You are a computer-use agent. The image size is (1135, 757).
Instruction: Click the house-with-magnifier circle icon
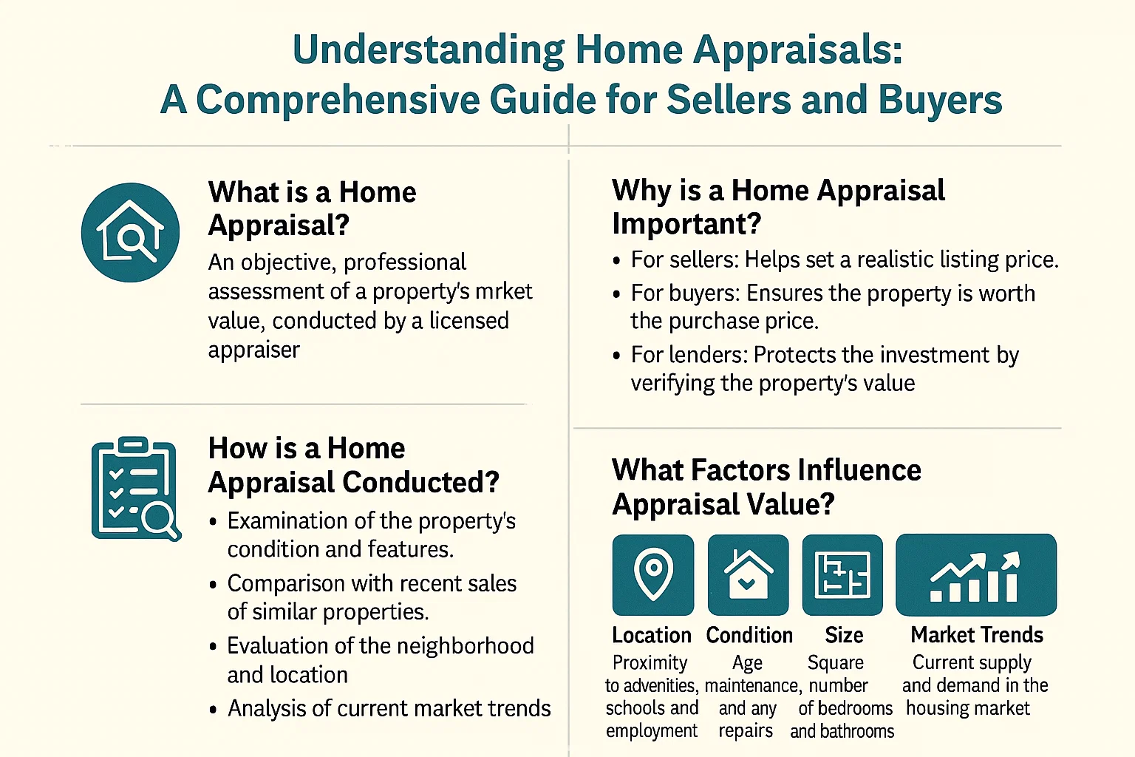click(130, 232)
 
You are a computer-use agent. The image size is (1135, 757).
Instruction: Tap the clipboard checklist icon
click(135, 488)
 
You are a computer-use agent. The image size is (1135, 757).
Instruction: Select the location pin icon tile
click(652, 575)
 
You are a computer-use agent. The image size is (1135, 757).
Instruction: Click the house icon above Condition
click(748, 575)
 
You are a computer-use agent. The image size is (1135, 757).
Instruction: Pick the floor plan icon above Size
click(842, 575)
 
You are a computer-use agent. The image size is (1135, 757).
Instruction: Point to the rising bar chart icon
click(975, 575)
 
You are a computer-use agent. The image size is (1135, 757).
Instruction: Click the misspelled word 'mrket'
click(503, 291)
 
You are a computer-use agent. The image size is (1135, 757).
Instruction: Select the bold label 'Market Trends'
click(976, 635)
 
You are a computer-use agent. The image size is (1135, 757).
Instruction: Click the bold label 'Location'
click(651, 635)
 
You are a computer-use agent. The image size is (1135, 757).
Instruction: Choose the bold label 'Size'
click(844, 635)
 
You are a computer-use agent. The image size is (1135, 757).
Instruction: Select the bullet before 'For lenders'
click(617, 356)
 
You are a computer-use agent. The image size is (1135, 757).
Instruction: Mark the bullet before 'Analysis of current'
click(214, 710)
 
